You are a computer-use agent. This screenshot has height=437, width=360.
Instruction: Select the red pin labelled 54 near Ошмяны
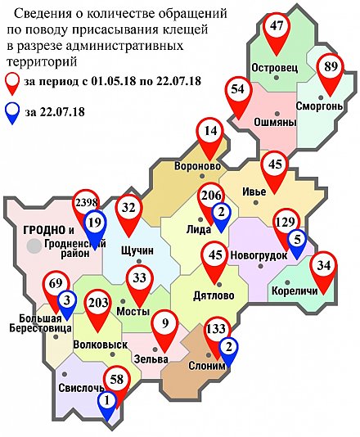[239, 92]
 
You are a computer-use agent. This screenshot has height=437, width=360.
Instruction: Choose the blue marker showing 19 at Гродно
[95, 224]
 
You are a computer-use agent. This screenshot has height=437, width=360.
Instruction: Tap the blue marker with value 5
[299, 241]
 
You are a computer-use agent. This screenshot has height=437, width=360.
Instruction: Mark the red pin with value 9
[166, 325]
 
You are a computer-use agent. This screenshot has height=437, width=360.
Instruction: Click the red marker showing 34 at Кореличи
[325, 268]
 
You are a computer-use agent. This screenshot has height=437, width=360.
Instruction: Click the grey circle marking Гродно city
[34, 245]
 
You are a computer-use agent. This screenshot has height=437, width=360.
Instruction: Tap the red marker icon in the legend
[12, 82]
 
